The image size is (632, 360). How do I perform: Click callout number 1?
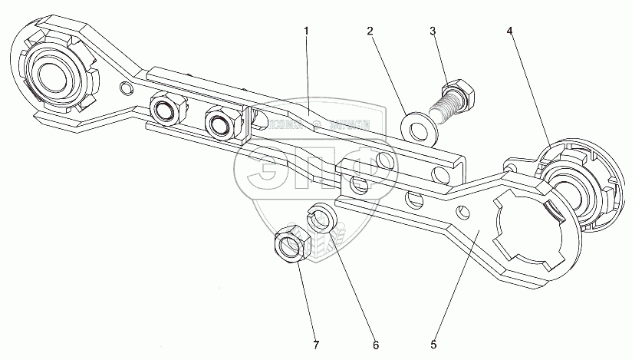306,31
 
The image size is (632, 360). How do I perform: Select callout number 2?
370,31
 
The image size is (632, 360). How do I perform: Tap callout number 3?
433,31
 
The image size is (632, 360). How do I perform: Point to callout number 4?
509,31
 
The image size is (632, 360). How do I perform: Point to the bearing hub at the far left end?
49,76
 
